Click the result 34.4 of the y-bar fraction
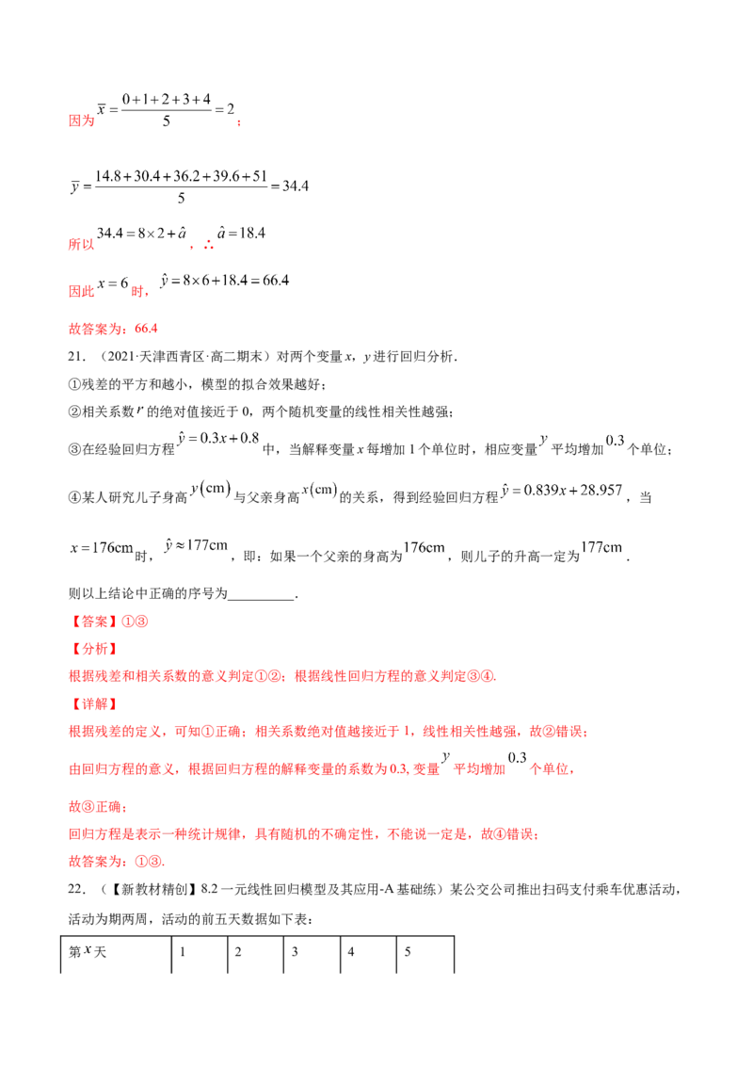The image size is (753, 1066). pyautogui.click(x=295, y=186)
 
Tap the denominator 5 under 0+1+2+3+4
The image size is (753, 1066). pyautogui.click(x=167, y=121)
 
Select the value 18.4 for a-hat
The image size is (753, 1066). pyautogui.click(x=252, y=234)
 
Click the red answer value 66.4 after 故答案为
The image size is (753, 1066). pyautogui.click(x=146, y=329)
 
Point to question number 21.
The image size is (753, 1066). pyautogui.click(x=76, y=357)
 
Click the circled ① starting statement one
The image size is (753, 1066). pyautogui.click(x=74, y=385)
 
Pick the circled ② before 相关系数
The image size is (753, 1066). pyautogui.click(x=74, y=412)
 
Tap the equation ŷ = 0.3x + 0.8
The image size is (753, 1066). pyautogui.click(x=218, y=439)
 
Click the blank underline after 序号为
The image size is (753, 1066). pyautogui.click(x=262, y=594)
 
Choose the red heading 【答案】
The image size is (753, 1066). pyautogui.click(x=94, y=622)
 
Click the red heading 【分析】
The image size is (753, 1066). pyautogui.click(x=94, y=649)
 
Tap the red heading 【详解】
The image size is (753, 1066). pyautogui.click(x=94, y=704)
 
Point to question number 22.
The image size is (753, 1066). pyautogui.click(x=76, y=889)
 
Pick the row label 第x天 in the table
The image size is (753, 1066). pyautogui.click(x=88, y=952)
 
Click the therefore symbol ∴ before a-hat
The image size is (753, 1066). pyautogui.click(x=208, y=244)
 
